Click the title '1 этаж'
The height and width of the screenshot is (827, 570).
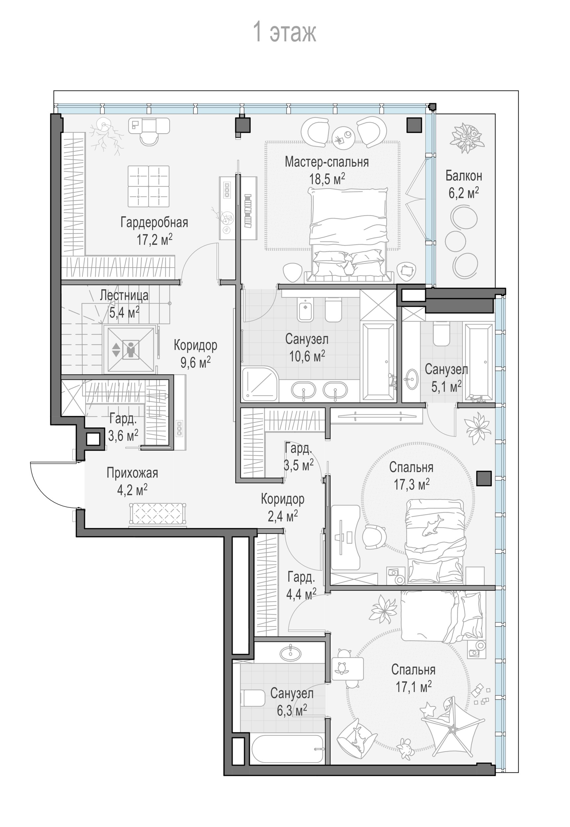(285, 32)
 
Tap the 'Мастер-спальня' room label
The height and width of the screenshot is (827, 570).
(327, 162)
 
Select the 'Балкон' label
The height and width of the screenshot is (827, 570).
(464, 176)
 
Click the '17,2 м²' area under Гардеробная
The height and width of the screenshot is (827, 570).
(154, 239)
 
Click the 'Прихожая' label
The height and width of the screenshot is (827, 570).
(132, 473)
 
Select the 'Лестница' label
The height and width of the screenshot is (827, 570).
(124, 295)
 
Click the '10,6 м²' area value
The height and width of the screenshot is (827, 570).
(307, 356)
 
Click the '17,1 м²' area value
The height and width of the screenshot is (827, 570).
(414, 686)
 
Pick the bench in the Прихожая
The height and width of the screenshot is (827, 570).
(157, 515)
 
